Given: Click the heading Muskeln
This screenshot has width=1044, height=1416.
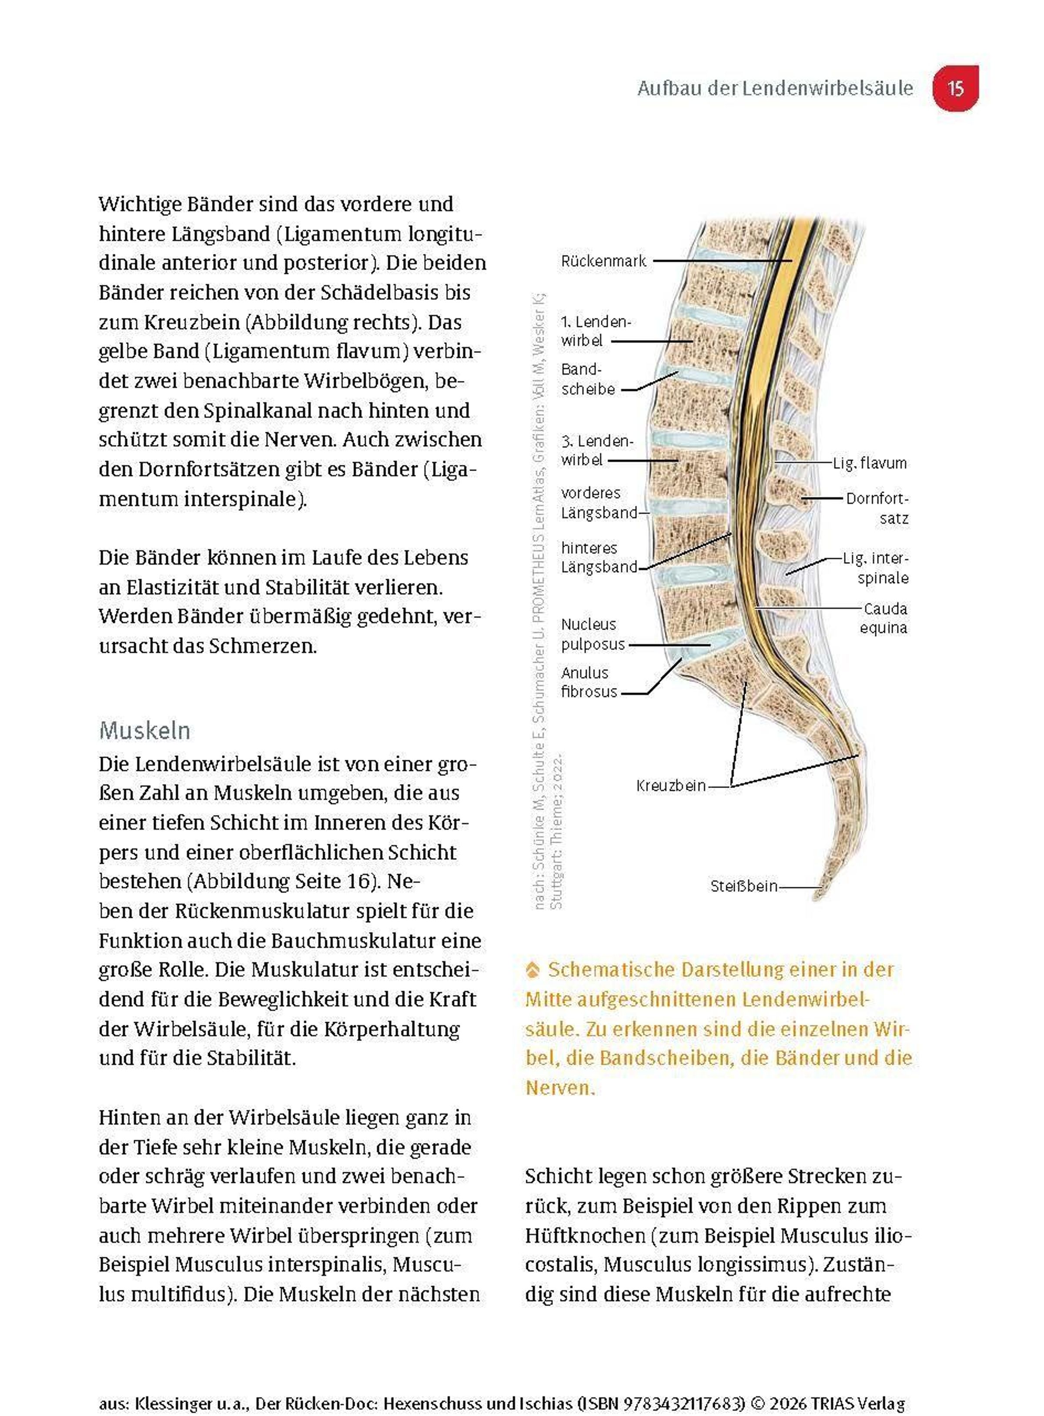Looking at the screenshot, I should coord(145,731).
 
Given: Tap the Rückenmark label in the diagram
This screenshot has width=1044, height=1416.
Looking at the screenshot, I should coord(603,261).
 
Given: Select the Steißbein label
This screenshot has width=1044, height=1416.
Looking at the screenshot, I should coord(744,886).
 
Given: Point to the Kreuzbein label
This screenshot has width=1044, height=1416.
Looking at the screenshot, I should coord(670,785).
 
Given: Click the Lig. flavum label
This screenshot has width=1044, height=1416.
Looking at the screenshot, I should coord(870,463).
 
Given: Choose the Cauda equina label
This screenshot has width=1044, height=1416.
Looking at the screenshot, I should coord(884,618).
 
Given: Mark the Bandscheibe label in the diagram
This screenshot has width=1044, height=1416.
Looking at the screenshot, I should coord(587,379).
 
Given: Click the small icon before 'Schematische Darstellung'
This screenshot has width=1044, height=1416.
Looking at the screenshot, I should coord(533,970).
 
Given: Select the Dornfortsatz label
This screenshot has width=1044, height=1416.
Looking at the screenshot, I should coord(878,508).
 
